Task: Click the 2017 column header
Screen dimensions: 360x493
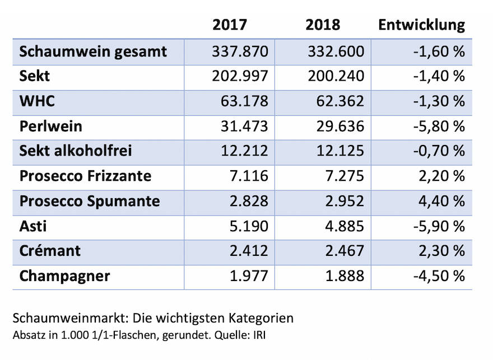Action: click(x=230, y=25)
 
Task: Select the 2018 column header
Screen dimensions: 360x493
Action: click(x=323, y=25)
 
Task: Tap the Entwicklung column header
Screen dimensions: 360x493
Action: click(x=421, y=25)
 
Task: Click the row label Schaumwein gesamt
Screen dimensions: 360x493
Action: click(x=93, y=52)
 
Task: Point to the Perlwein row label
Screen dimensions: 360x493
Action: click(x=51, y=127)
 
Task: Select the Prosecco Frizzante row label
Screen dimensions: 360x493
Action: click(x=85, y=176)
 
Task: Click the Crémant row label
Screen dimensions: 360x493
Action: click(x=50, y=251)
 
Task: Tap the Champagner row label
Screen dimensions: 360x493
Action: click(x=64, y=276)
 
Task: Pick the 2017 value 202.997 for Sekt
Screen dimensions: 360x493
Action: click(x=240, y=77)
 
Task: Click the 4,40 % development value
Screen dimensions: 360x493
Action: click(x=441, y=201)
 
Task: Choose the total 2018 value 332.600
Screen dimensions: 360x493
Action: click(x=336, y=52)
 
